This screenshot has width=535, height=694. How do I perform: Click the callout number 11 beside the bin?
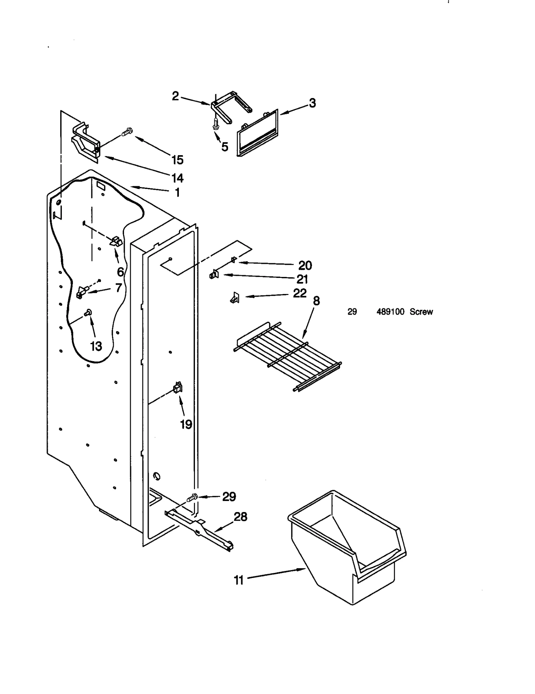pos(238,580)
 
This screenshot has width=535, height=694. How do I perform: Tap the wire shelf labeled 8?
pos(288,356)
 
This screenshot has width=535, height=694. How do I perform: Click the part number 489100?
pos(390,312)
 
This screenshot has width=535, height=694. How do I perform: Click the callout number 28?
pos(240,517)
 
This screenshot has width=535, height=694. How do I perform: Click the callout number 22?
pos(300,293)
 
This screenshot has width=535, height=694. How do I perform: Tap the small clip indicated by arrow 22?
pos(235,297)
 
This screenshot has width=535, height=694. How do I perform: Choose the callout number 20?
pos(305,266)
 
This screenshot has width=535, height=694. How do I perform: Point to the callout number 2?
pos(176,96)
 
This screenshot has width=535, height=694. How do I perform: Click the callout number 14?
pos(178,178)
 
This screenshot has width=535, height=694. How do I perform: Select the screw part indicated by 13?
pos(89,312)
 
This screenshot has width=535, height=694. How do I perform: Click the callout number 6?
pos(120,272)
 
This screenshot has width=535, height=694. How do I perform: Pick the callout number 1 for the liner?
pos(178,192)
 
